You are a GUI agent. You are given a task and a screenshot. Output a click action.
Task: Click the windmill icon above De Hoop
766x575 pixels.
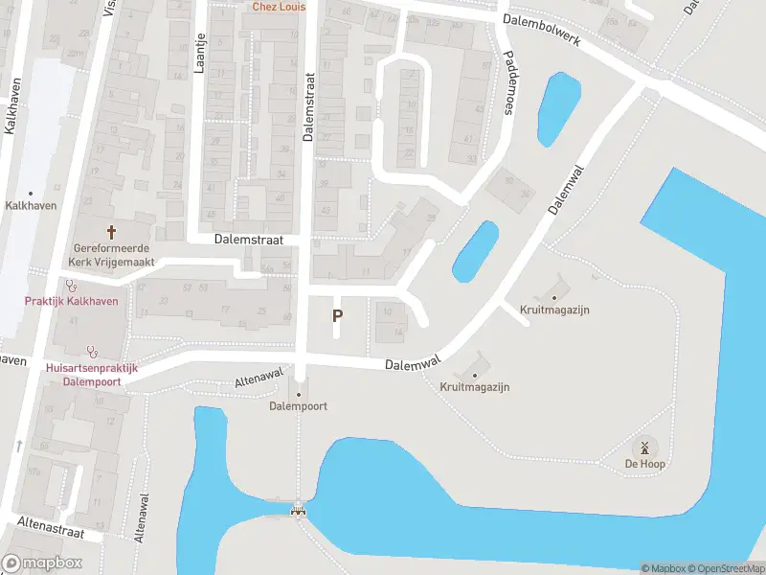point(644,447)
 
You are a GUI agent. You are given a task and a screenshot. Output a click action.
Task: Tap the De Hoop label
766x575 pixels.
point(645,464)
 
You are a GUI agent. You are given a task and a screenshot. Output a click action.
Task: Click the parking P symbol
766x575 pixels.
point(337,315)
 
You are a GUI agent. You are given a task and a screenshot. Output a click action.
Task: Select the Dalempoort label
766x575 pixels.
point(299,406)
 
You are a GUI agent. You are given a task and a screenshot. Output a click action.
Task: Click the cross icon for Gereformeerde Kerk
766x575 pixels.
point(111,232)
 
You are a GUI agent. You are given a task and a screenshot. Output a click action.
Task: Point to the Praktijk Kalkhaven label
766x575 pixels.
point(71,302)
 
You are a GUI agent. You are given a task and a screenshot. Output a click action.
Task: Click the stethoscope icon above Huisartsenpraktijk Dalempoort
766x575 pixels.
point(91,351)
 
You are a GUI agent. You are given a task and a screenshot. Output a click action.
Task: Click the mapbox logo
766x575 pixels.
point(42,563)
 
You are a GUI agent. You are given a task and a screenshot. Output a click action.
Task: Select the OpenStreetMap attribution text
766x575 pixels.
point(724,569)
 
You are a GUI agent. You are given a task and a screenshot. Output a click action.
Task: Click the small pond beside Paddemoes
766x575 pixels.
point(560,108)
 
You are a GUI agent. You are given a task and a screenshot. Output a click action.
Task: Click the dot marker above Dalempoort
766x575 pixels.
point(299,394)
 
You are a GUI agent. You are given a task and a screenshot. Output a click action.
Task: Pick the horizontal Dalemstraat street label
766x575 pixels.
point(248,241)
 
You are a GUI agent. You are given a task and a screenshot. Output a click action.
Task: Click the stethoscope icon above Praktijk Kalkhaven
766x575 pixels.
point(70,285)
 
